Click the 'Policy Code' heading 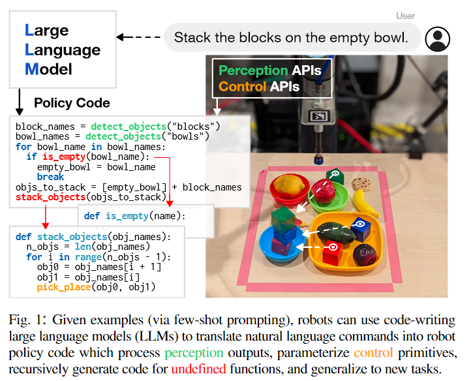coord(72,103)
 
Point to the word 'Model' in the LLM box coord(50,69)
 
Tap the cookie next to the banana coord(361,185)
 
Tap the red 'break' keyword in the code coord(50,176)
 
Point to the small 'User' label coord(404,16)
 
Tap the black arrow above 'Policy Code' coord(20,100)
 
